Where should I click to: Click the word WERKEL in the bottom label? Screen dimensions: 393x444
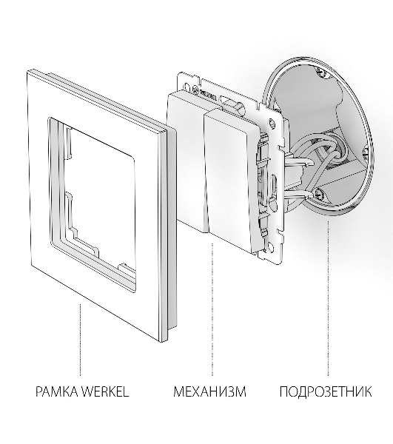coord(105,391)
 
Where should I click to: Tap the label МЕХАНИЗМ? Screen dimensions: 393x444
coord(209,391)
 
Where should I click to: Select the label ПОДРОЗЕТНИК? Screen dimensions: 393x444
coord(326,391)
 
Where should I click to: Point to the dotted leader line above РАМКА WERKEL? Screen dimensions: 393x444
coord(80,340)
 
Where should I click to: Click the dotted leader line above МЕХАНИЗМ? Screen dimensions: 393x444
coord(212,309)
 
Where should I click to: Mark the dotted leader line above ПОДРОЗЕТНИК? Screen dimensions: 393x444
coord(328,298)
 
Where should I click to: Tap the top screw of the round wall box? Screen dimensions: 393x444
coord(322,73)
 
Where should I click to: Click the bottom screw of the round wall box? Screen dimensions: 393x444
coord(320,192)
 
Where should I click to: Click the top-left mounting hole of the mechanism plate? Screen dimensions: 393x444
coord(186,86)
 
